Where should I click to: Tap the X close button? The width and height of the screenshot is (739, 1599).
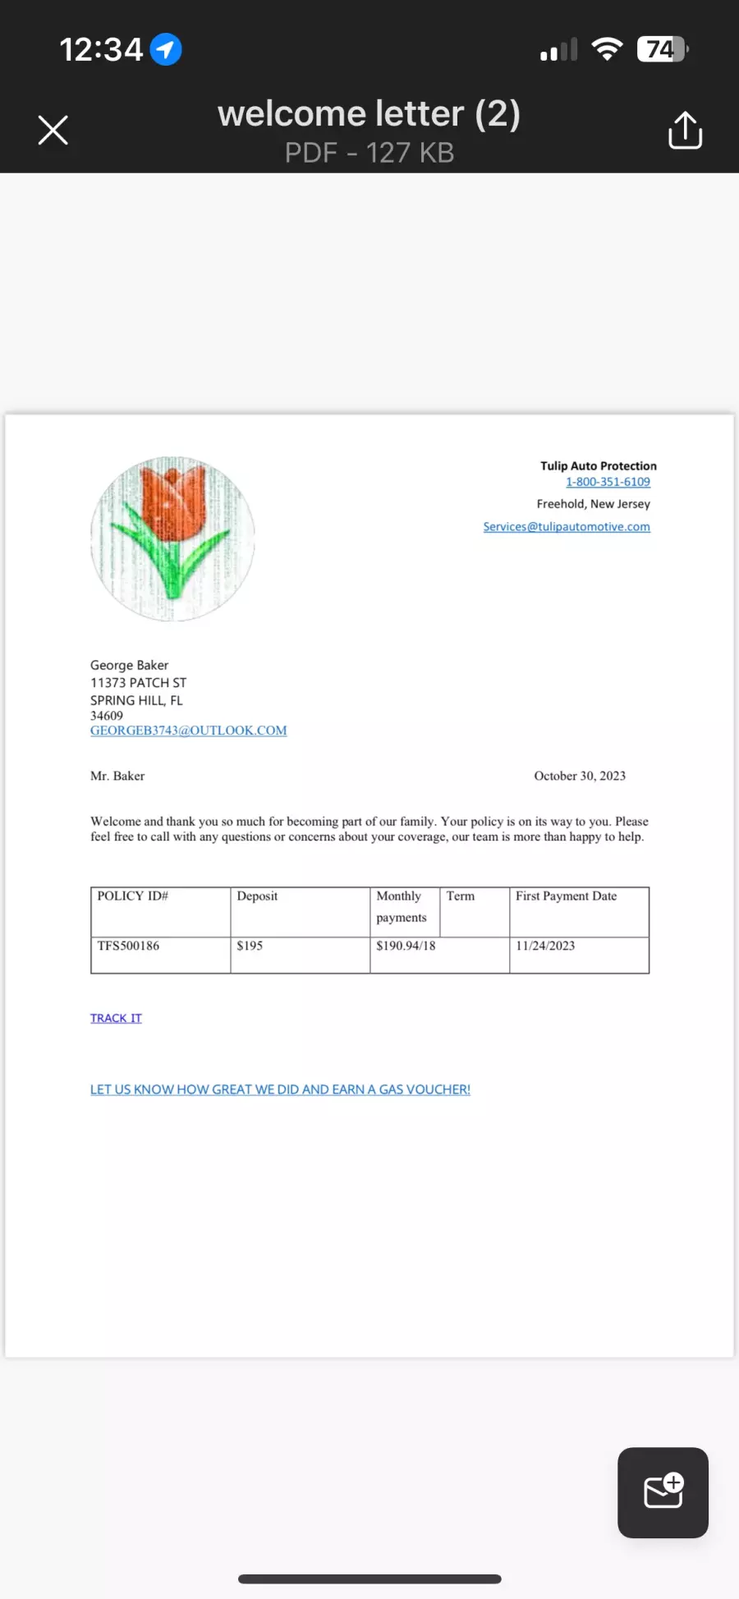click(x=53, y=130)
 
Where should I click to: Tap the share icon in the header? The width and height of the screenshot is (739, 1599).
click(x=685, y=131)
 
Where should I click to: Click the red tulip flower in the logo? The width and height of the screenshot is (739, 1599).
click(x=172, y=502)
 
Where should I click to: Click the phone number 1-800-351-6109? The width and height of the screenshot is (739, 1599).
click(x=608, y=482)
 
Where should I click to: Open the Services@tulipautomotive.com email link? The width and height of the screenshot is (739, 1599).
click(x=567, y=526)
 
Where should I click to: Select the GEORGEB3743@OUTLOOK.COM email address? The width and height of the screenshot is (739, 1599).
click(x=189, y=731)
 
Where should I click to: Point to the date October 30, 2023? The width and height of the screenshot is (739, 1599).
click(x=580, y=776)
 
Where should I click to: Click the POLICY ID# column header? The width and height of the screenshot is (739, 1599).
click(x=133, y=896)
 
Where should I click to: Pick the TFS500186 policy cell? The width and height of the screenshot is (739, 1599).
click(x=129, y=946)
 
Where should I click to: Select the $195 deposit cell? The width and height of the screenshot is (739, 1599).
click(x=250, y=946)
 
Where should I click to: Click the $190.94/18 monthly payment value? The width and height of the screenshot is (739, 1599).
click(x=406, y=946)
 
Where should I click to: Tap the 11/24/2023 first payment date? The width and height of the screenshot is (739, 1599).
click(x=545, y=946)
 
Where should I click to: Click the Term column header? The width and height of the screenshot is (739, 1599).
click(x=461, y=896)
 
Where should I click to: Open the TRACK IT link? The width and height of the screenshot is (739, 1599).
click(x=116, y=1018)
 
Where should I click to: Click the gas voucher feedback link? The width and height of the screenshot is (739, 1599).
click(x=280, y=1089)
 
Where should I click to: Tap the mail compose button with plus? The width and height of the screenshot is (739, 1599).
click(x=663, y=1492)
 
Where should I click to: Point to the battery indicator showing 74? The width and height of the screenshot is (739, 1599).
click(x=662, y=50)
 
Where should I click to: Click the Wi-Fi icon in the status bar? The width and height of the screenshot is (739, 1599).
click(x=607, y=50)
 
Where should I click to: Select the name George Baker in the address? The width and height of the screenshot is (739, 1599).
click(x=130, y=665)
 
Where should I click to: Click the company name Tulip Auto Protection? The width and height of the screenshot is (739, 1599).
click(x=598, y=465)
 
